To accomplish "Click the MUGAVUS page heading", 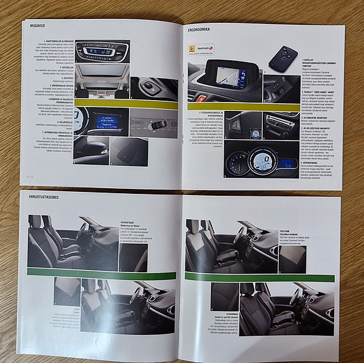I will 34,25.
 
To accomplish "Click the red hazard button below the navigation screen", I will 201,99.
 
